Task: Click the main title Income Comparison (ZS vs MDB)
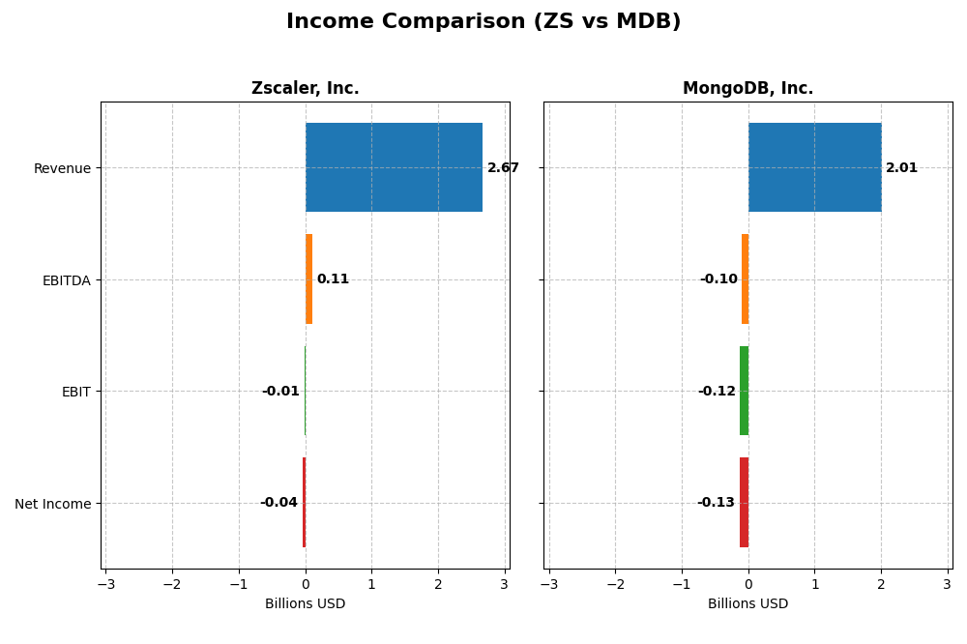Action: [483, 21]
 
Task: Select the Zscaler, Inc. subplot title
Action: [305, 88]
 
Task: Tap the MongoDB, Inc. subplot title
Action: [747, 88]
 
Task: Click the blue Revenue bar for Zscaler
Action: [394, 167]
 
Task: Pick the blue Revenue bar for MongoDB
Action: [814, 167]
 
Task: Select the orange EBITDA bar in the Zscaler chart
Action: [308, 278]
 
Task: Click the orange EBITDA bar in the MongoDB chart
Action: [745, 278]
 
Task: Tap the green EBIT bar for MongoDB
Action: [744, 391]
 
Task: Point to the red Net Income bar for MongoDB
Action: [744, 502]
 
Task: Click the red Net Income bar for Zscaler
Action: [304, 502]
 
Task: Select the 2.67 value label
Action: [503, 168]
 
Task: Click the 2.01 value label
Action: [901, 168]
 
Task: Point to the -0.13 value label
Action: [716, 503]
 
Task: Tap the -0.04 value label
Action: [278, 503]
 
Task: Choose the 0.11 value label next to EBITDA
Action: [333, 279]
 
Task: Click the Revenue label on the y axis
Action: [62, 168]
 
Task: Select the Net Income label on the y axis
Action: [52, 504]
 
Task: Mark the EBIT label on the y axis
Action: [75, 392]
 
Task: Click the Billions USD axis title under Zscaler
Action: [305, 604]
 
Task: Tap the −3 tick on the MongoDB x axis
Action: [548, 585]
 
